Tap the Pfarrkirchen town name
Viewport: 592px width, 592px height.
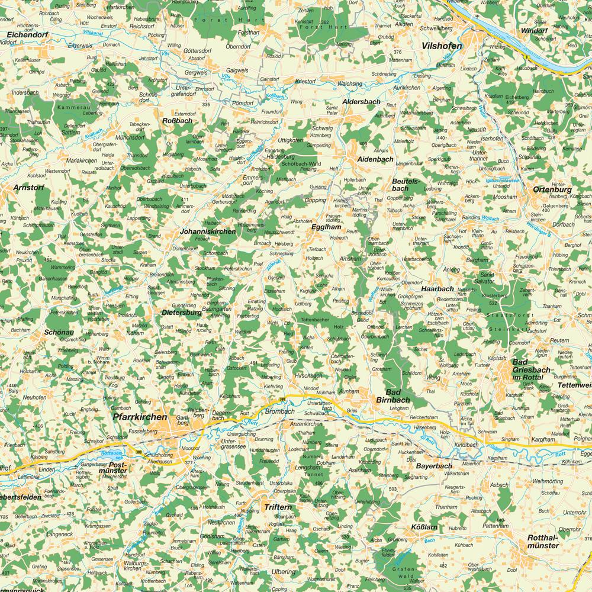[x=139, y=417]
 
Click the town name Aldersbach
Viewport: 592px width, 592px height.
[x=361, y=102]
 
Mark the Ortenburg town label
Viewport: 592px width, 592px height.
[x=552, y=189]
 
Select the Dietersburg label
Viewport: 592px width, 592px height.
[x=182, y=312]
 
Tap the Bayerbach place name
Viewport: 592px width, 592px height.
[x=433, y=466]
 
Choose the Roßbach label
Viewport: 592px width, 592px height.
[x=177, y=120]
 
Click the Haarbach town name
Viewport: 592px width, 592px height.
[x=437, y=288]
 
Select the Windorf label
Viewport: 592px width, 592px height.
[x=535, y=30]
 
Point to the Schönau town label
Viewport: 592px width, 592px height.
[x=59, y=332]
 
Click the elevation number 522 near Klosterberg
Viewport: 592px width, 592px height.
[x=493, y=303]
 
